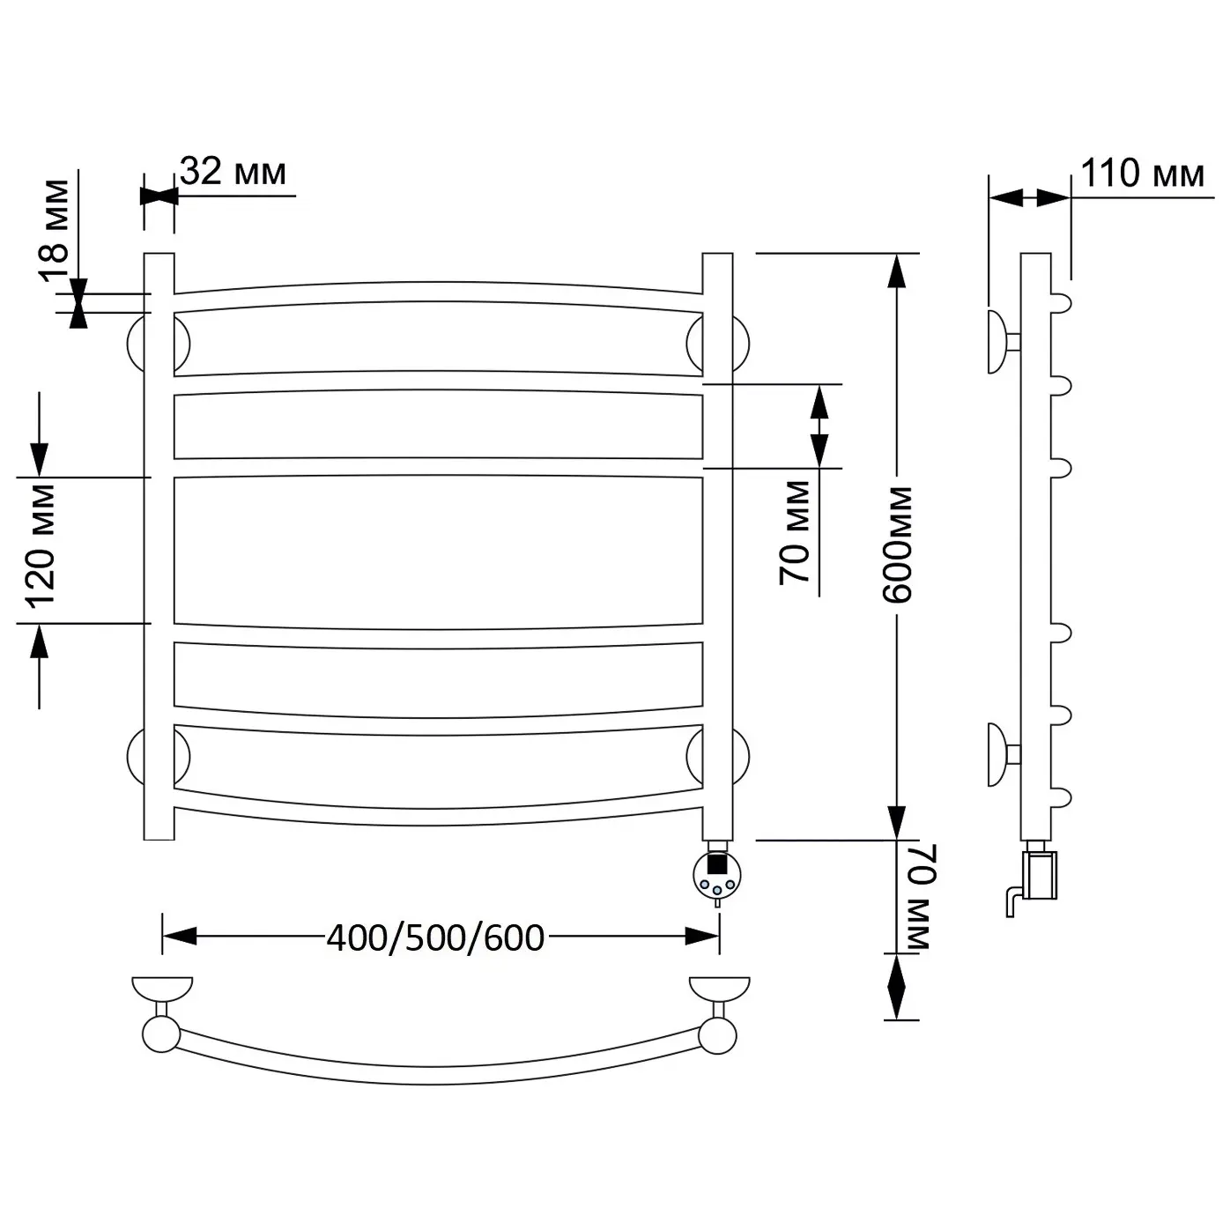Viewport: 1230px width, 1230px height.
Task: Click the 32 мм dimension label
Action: [233, 172]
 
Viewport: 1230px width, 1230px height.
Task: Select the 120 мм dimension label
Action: [40, 545]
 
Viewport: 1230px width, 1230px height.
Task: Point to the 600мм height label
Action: [897, 545]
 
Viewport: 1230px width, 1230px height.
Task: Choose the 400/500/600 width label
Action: [435, 938]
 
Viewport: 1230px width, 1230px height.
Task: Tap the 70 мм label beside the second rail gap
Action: [795, 532]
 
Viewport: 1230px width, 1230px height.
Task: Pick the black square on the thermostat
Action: [717, 864]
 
